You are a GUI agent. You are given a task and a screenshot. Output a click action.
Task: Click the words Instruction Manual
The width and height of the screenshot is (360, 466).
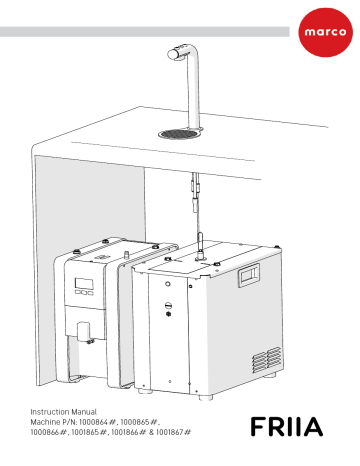tap(71, 413)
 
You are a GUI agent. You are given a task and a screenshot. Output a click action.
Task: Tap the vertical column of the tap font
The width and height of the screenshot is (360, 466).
tap(198, 95)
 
